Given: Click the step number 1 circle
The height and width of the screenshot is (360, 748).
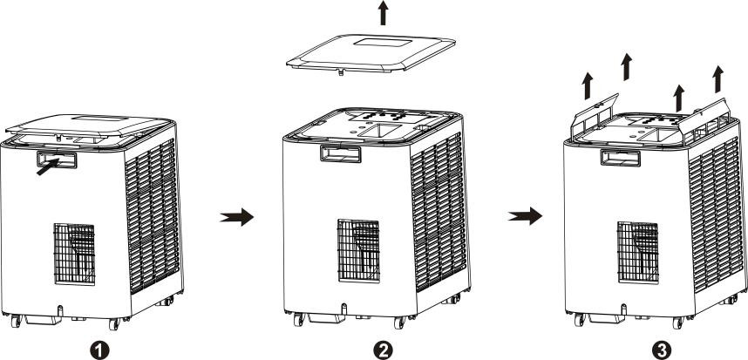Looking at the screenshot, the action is (99, 351).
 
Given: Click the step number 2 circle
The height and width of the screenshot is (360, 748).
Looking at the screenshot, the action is (383, 351).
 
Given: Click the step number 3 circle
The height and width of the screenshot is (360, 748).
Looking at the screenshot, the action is (661, 351).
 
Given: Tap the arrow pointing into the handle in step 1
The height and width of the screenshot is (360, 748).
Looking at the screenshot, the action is (48, 166).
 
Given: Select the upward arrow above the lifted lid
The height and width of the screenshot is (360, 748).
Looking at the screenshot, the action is (383, 13).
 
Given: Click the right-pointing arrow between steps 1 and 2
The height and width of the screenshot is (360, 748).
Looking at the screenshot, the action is (236, 217).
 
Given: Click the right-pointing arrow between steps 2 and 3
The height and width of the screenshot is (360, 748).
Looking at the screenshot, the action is (525, 216).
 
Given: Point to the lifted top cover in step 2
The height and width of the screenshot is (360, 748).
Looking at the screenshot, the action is (371, 53).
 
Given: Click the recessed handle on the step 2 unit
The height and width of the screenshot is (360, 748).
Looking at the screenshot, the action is (341, 153).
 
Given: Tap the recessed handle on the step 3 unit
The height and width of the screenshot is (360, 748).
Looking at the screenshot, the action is (620, 158).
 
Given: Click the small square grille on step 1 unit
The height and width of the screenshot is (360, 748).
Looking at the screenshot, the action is (74, 254).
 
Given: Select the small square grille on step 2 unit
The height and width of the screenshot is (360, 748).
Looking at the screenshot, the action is (358, 250).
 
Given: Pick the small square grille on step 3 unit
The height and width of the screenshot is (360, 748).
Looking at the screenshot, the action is (638, 252).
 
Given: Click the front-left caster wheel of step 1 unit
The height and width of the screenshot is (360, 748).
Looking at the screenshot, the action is (16, 321).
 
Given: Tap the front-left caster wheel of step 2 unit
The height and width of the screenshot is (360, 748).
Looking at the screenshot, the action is (299, 319).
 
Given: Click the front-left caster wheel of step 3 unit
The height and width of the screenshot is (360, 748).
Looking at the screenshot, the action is (580, 320).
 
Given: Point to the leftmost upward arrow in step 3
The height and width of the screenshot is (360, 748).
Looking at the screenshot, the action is (588, 85).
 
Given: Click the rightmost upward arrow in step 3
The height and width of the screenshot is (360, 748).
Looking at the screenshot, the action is (718, 79).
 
